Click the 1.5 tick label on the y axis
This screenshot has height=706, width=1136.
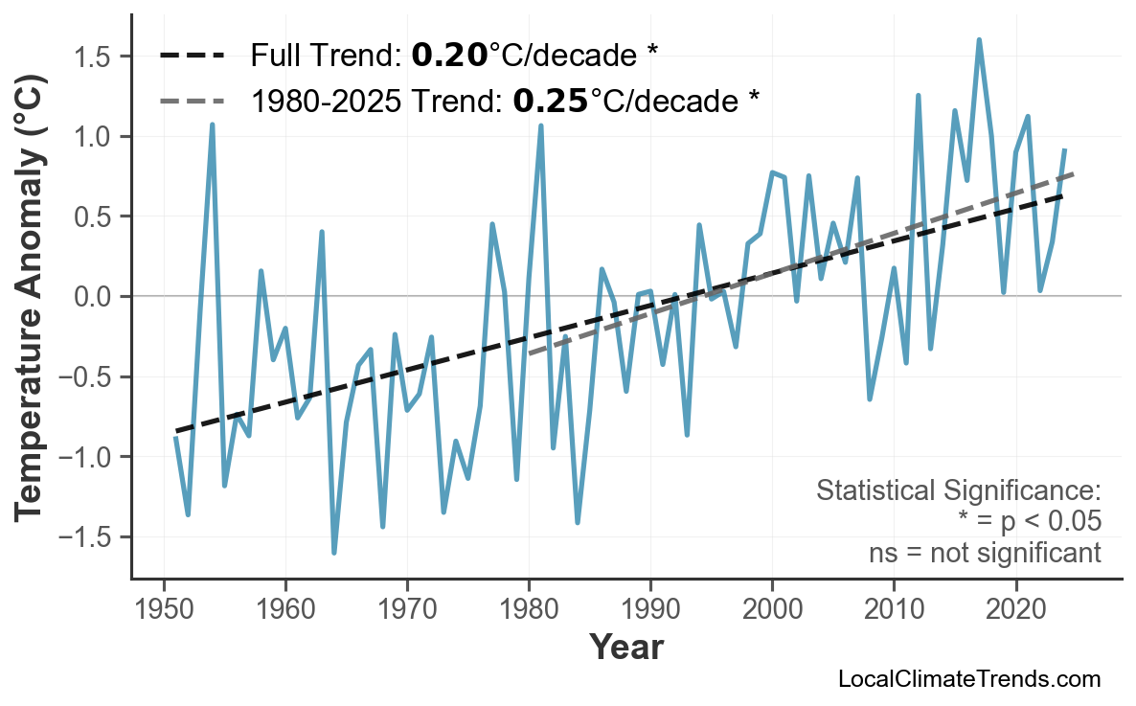pos(96,57)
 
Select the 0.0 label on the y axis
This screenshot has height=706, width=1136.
pos(96,297)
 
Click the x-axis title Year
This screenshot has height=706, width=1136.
pos(625,649)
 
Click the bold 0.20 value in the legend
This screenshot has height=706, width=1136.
pos(448,56)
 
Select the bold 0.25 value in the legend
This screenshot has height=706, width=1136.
pos(550,100)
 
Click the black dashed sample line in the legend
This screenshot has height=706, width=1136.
pos(192,56)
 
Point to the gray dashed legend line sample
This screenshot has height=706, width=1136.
pos(192,100)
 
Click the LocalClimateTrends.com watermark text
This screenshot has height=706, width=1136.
pos(968,680)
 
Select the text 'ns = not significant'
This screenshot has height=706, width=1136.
pos(985,553)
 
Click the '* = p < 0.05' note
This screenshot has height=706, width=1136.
pos(1029,522)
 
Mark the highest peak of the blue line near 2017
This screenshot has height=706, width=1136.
pos(979,40)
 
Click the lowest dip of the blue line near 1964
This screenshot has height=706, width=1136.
pos(334,553)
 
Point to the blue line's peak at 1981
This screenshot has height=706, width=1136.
pos(541,125)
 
